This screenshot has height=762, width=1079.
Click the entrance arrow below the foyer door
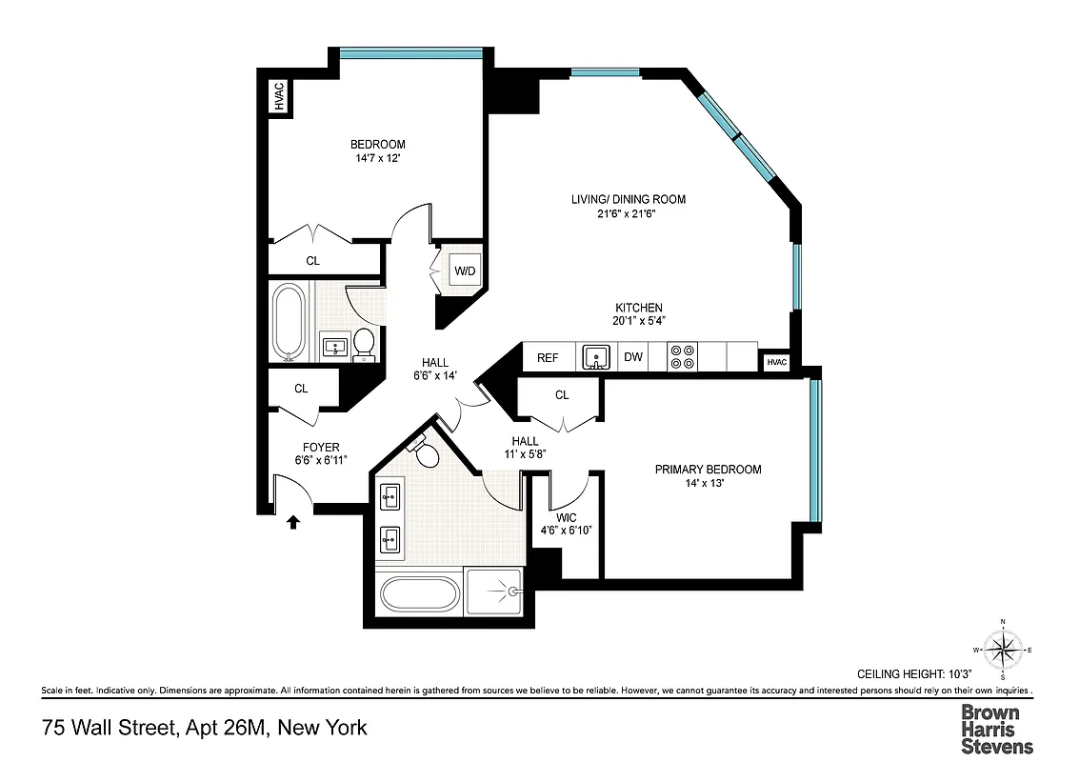293,521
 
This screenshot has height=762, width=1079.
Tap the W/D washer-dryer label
465,271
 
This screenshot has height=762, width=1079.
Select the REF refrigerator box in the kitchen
548,358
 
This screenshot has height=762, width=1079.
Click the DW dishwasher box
633,358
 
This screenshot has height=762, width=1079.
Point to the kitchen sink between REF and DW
594,358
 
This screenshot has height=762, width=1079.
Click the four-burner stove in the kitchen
681,357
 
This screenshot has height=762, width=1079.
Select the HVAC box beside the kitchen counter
777,362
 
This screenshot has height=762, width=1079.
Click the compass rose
1002,652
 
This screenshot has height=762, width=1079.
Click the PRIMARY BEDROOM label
708,470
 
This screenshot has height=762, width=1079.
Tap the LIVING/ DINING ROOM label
628,199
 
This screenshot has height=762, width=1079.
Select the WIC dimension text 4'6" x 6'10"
566,531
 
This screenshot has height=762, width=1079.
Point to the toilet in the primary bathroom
426,452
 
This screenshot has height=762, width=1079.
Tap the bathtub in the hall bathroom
289,324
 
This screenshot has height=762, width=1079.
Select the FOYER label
321,447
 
